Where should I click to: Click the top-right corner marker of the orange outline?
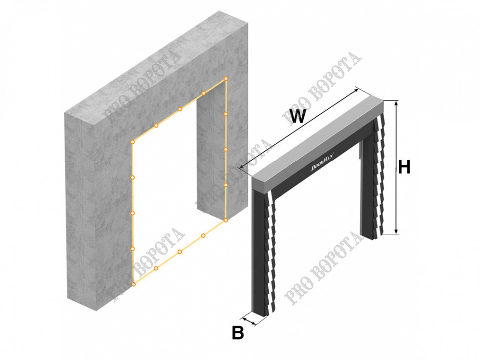coord(226,79)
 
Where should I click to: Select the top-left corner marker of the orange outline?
coord(133,142)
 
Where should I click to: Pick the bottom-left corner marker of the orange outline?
coord(133,284)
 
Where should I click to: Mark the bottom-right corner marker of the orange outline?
coord(226,220)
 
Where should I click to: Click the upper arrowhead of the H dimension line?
coord(396,103)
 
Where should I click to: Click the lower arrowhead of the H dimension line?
coord(396,231)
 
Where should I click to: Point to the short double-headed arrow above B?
coord(249,321)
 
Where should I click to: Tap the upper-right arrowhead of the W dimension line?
coord(356,90)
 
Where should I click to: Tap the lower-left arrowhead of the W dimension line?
coord(242,167)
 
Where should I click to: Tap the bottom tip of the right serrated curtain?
coord(381,234)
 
